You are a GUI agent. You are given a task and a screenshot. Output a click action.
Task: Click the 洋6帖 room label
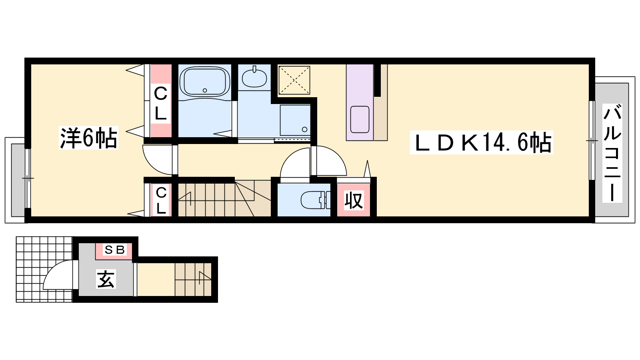point(88,138)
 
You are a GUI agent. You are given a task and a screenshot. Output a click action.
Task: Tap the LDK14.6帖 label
point(482,142)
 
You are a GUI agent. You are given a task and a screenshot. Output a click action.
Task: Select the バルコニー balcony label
point(612,153)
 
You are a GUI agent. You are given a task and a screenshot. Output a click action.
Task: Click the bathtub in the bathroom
point(204,82)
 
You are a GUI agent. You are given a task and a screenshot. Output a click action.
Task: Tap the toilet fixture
point(316,200)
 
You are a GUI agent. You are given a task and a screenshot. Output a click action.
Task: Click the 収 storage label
point(354,200)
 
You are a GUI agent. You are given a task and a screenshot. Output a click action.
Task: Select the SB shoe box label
point(115,250)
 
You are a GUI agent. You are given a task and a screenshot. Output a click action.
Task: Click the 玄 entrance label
point(106,278)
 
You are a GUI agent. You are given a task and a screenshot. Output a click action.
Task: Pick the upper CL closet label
point(160,104)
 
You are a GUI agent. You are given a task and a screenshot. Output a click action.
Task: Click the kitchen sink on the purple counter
point(360,120)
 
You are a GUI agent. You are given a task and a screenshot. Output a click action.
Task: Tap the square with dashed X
point(294,80)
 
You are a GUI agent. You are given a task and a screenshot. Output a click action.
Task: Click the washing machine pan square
point(296,120)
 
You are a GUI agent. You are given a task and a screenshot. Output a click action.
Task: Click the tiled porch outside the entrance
point(44,269)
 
